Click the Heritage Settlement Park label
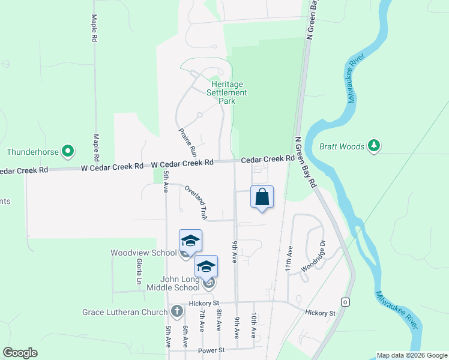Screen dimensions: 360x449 [x=227, y=92]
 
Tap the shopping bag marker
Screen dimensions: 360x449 [x=262, y=197]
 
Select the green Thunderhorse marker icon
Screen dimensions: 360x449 [x=68, y=151]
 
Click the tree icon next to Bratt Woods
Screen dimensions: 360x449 [x=374, y=146]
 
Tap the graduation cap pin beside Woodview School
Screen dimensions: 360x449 [x=190, y=241]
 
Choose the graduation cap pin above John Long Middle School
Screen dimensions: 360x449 [x=206, y=266]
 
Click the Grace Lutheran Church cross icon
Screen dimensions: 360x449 [x=176, y=311]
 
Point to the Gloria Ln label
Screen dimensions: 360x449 [x=139, y=272]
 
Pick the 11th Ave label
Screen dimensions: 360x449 [x=289, y=258]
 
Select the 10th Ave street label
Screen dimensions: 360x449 [x=255, y=325]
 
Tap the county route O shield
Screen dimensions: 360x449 [x=345, y=301]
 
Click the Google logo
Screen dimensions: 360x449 [x=20, y=353]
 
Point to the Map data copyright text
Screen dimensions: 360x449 [x=412, y=355]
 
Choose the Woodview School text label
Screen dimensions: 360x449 [x=143, y=253]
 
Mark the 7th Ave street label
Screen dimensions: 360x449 [x=203, y=325]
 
